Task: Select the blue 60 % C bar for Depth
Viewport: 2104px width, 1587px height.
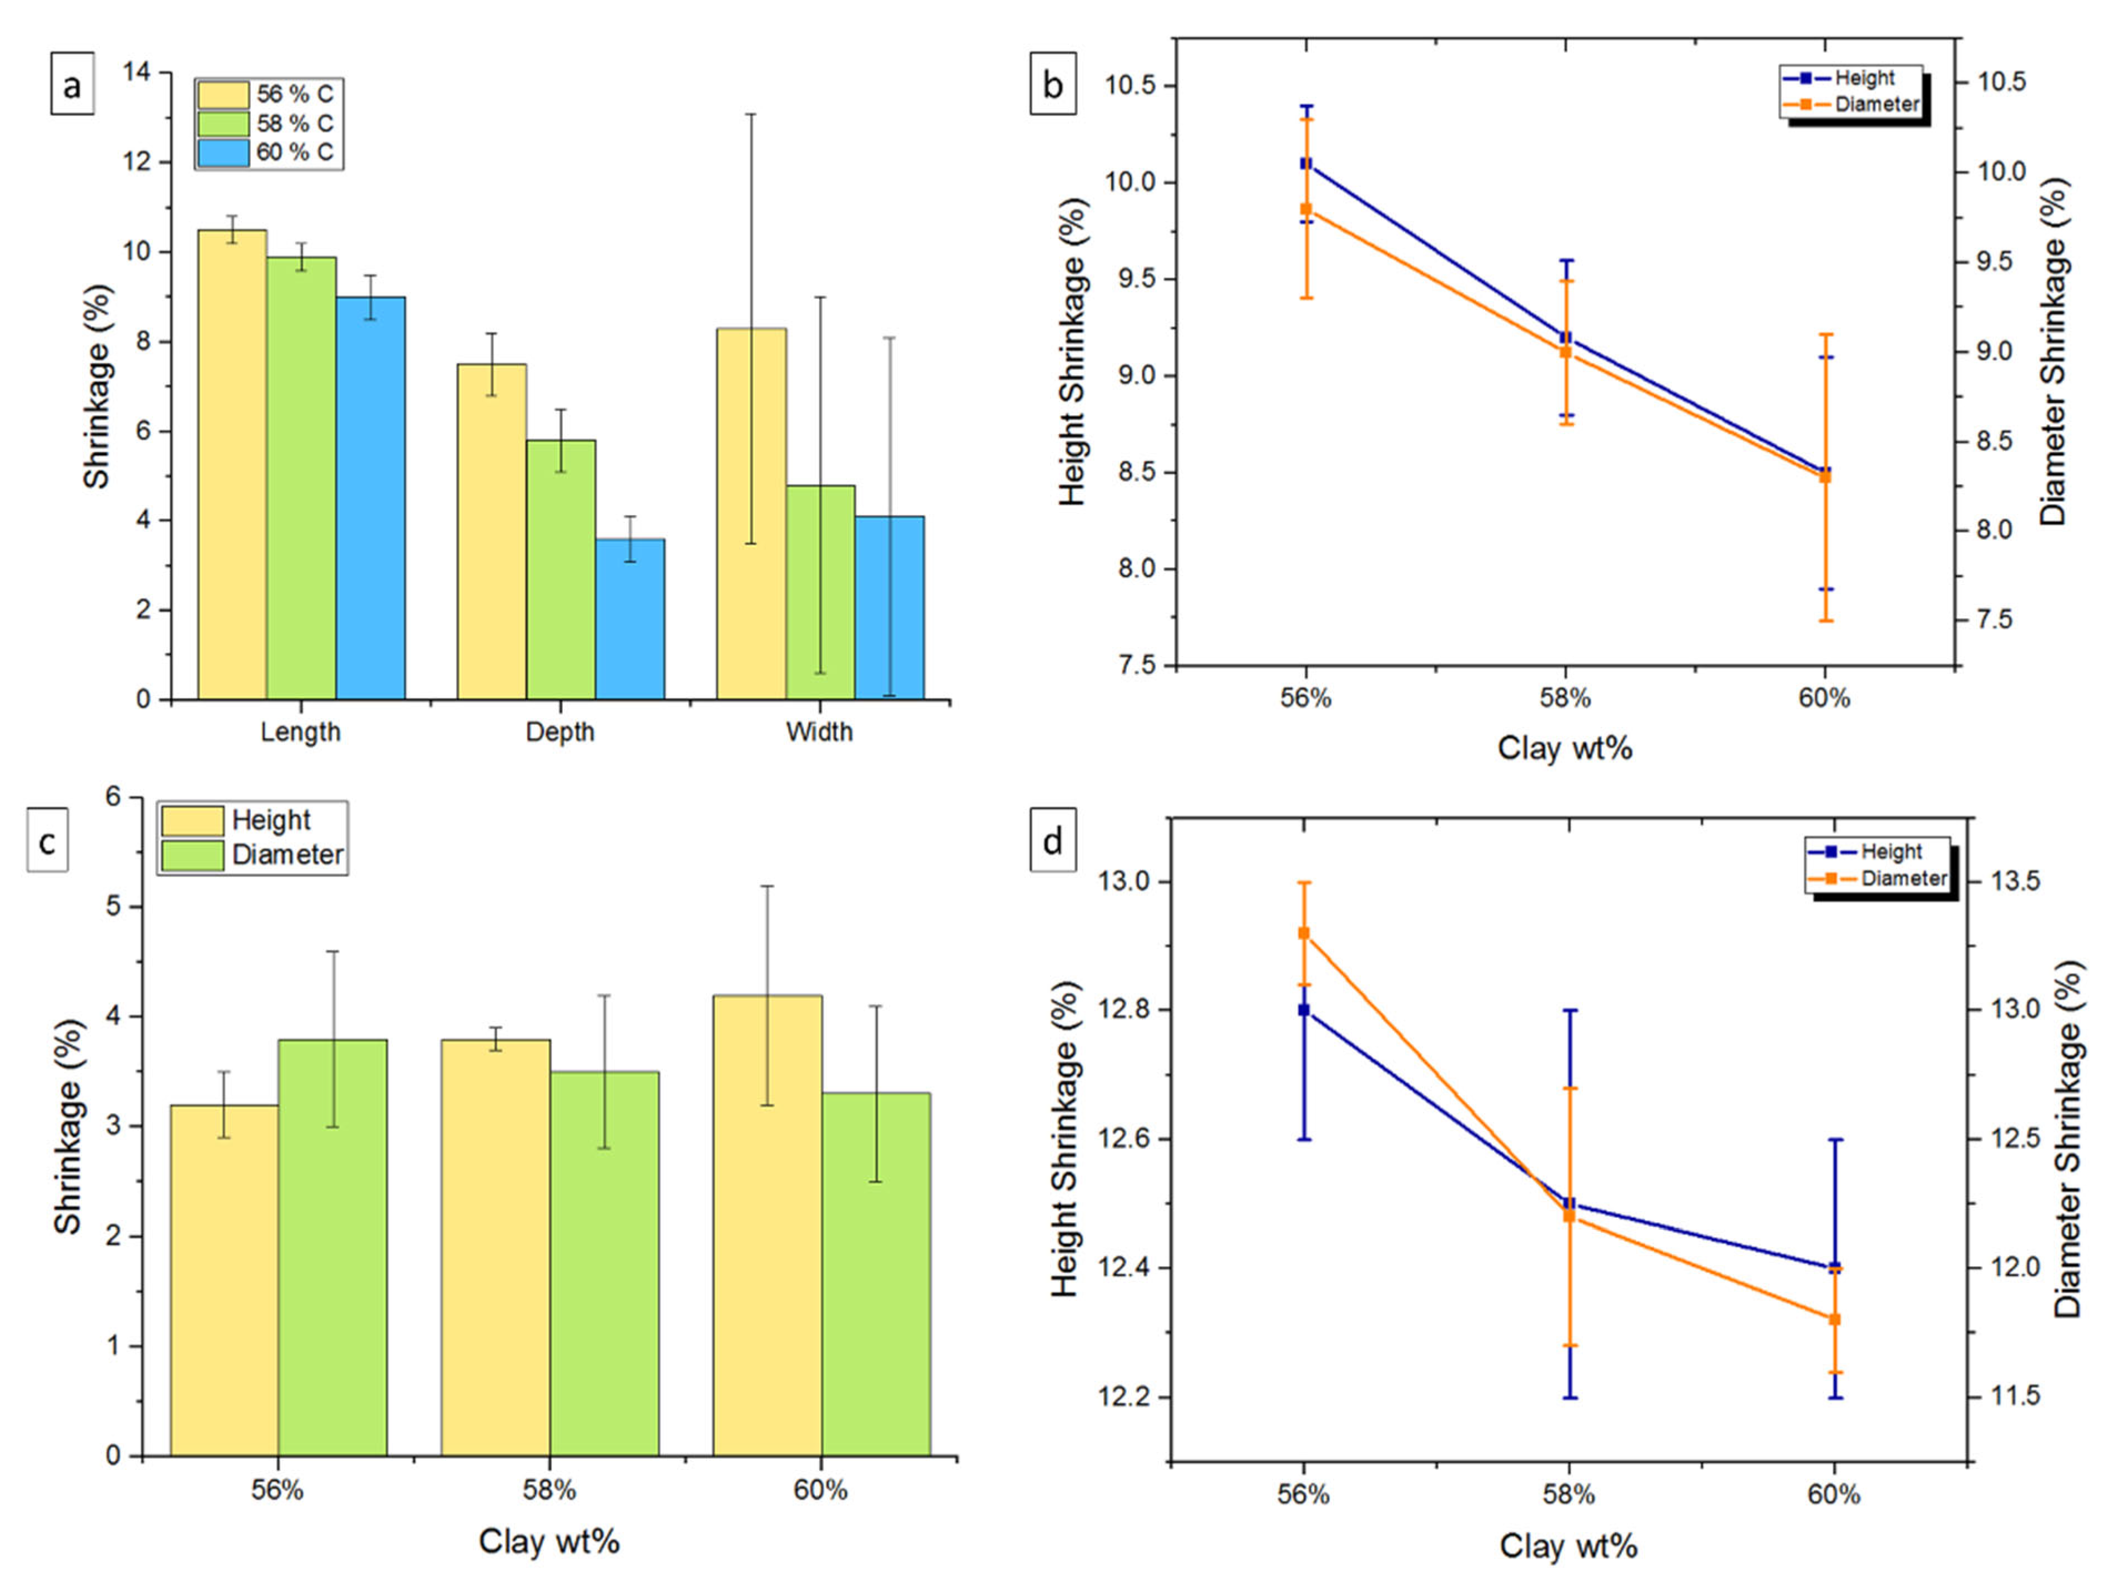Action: click(x=630, y=618)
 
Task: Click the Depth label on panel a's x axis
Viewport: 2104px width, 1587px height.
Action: click(x=560, y=732)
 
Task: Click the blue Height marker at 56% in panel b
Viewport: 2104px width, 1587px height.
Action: click(x=1306, y=164)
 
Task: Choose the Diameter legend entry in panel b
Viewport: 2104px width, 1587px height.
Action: click(x=1876, y=104)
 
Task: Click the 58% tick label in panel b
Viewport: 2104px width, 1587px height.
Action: click(x=1566, y=698)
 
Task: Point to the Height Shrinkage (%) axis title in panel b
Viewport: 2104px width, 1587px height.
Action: click(x=1072, y=352)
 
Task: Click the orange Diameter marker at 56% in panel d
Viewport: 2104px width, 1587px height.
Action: click(x=1304, y=933)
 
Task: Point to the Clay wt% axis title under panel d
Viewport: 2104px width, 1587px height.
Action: click(x=1568, y=1546)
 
